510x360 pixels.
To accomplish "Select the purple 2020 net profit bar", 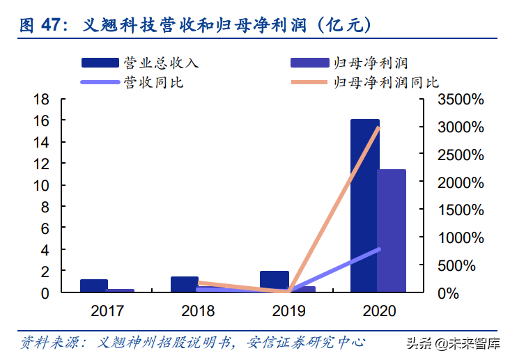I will (x=392, y=230).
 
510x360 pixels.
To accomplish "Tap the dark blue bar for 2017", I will (x=93, y=285).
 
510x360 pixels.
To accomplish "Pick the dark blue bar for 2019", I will (x=274, y=281).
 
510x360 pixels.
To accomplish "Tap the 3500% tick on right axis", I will (x=460, y=100).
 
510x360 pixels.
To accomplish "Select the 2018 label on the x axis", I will (x=197, y=311).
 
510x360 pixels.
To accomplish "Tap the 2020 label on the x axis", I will (x=378, y=311).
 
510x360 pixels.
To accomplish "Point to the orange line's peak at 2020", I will (x=378, y=127).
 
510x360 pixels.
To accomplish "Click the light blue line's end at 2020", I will (x=378, y=249).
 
